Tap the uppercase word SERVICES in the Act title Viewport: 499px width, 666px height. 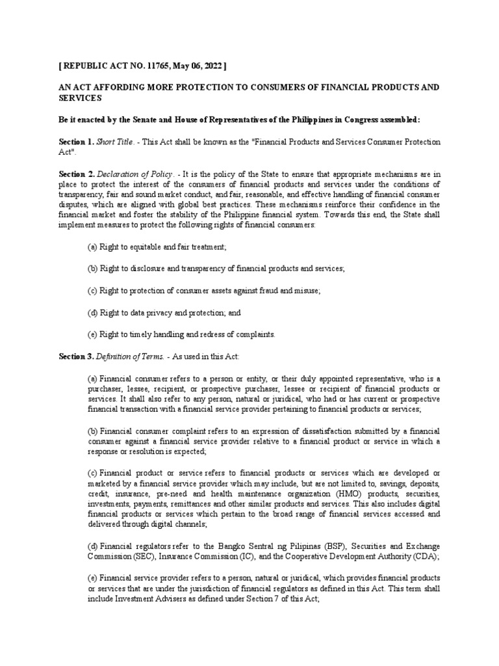click(81, 98)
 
